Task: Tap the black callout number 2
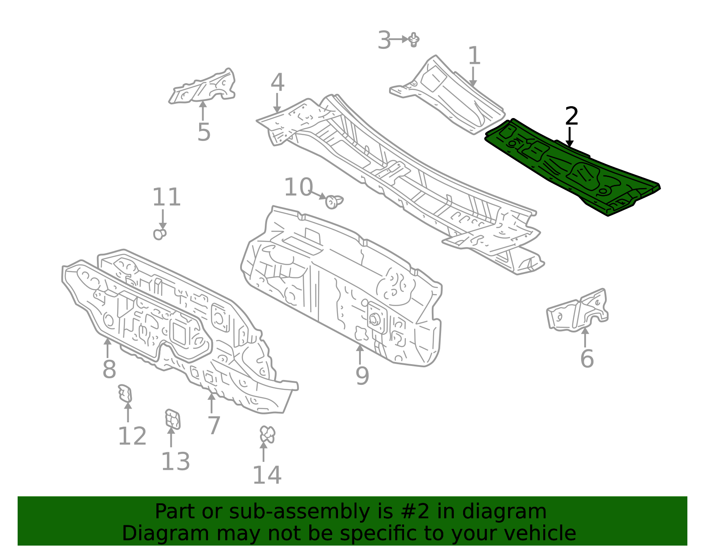(x=571, y=116)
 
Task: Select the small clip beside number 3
(x=414, y=40)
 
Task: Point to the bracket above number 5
(x=202, y=86)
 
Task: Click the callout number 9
(x=362, y=376)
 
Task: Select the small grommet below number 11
(x=160, y=234)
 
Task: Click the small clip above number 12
(x=125, y=393)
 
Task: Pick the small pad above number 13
(x=173, y=419)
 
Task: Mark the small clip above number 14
(x=267, y=434)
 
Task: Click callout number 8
(x=109, y=369)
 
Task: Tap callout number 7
(x=214, y=425)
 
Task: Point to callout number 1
(x=474, y=55)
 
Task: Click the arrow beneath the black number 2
(x=569, y=137)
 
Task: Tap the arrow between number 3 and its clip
(x=398, y=40)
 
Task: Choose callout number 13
(x=175, y=461)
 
